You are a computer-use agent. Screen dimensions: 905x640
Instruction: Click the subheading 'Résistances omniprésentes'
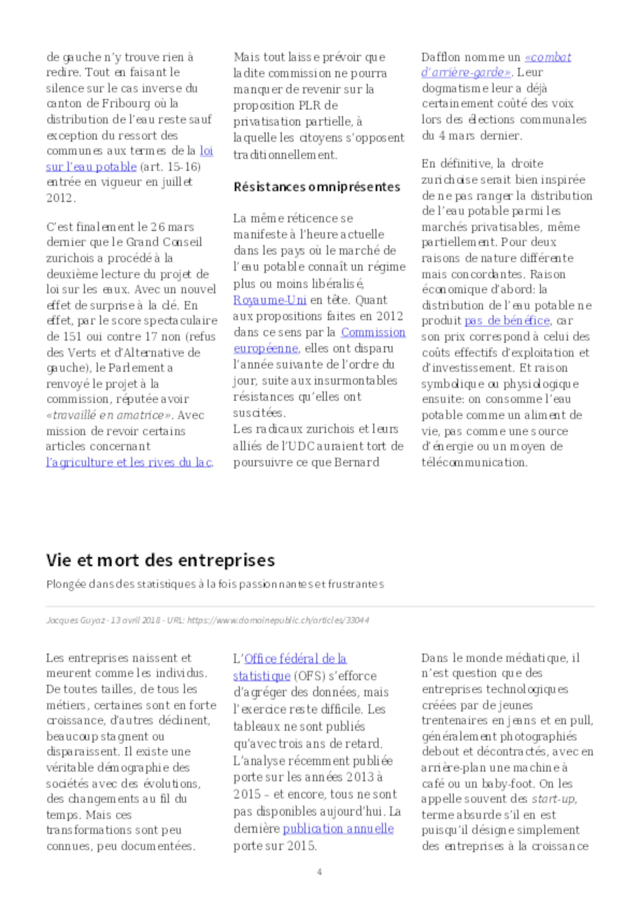point(317,186)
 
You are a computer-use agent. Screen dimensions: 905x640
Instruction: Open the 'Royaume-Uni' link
point(270,300)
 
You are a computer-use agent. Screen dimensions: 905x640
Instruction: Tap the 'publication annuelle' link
point(338,828)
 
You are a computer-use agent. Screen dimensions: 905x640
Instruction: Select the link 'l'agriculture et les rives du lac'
point(129,462)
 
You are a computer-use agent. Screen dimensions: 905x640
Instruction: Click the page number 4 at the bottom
point(319,871)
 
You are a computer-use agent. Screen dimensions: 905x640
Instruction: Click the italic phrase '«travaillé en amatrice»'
point(108,415)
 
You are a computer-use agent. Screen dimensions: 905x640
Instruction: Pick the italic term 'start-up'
point(553,799)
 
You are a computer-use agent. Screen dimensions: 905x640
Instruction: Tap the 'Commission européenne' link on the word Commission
point(373,332)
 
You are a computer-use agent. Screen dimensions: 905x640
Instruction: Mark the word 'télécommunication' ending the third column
point(474,462)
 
